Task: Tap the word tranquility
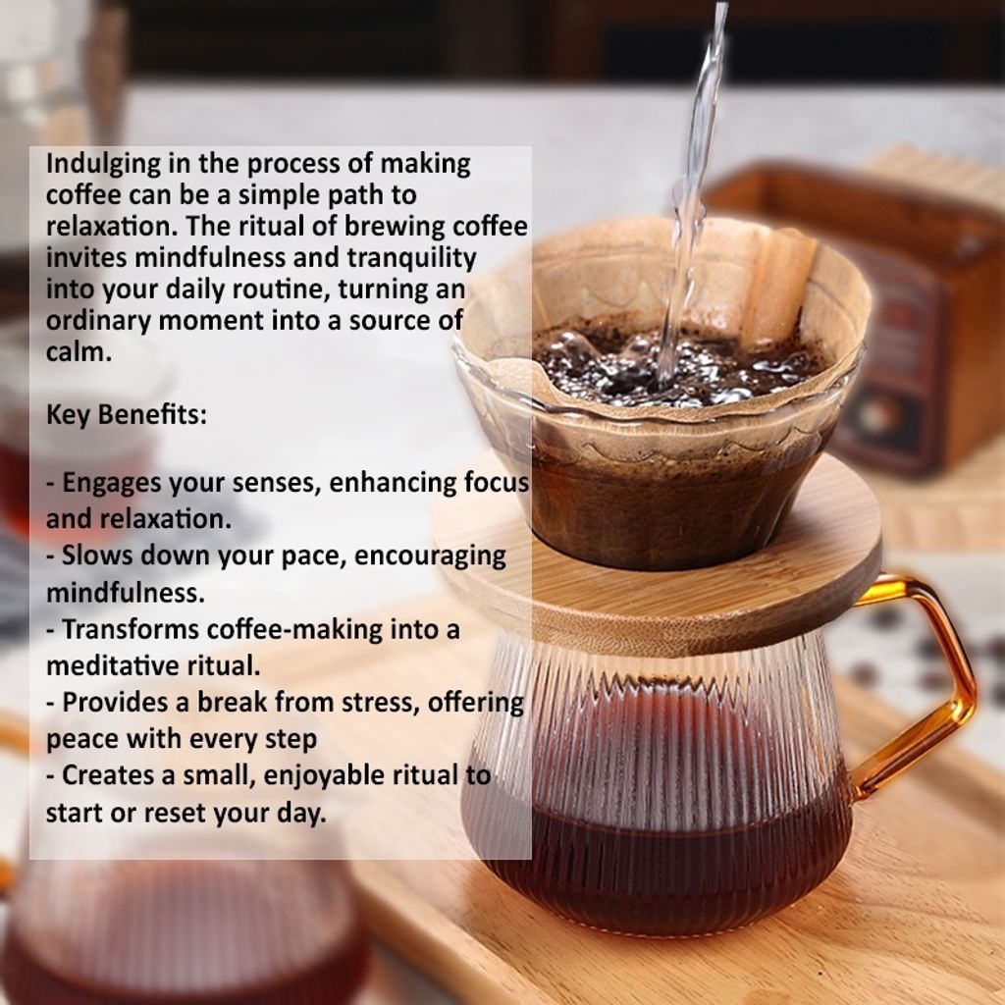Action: [412, 258]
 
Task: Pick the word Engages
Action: [112, 483]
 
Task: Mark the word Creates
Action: [110, 775]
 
